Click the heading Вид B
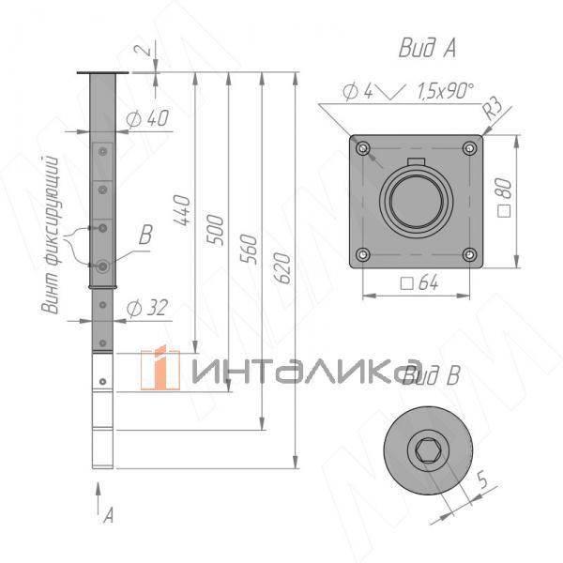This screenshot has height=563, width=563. click(x=431, y=376)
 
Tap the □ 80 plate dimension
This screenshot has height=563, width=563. click(x=505, y=200)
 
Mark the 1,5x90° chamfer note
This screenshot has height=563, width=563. click(x=444, y=90)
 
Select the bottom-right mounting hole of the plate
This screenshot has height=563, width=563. click(x=468, y=253)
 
